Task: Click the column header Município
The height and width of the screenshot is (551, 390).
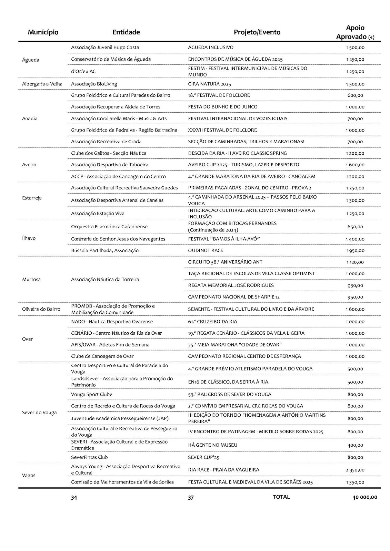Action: (43, 32)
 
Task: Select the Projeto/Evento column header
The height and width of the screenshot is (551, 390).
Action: (257, 32)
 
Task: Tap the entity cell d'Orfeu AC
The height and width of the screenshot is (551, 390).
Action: (83, 71)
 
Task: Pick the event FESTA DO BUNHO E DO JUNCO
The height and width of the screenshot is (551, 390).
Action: (223, 107)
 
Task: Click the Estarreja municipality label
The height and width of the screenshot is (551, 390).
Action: (32, 198)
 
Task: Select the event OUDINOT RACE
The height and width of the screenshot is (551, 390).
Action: (206, 250)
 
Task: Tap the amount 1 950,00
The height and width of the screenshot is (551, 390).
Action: (355, 251)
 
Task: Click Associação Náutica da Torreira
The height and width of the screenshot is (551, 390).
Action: (105, 279)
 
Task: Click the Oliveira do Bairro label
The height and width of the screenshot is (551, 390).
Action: (41, 309)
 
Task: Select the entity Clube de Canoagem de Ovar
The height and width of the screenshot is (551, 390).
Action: (102, 356)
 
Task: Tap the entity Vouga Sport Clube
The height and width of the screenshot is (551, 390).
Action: (92, 394)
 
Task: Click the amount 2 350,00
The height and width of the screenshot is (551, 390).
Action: (355, 470)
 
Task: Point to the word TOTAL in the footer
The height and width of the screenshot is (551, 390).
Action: (281, 497)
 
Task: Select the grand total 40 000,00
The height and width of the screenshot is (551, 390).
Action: (365, 497)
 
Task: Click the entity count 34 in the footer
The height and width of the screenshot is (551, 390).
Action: (74, 497)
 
